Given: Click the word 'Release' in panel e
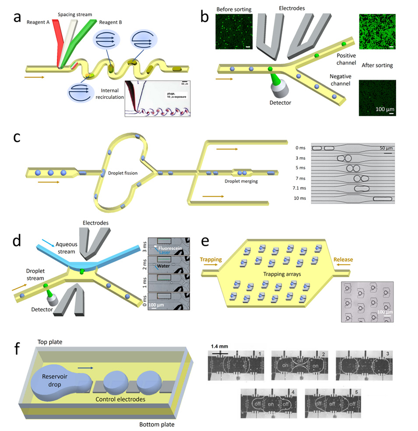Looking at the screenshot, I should (x=343, y=259).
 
